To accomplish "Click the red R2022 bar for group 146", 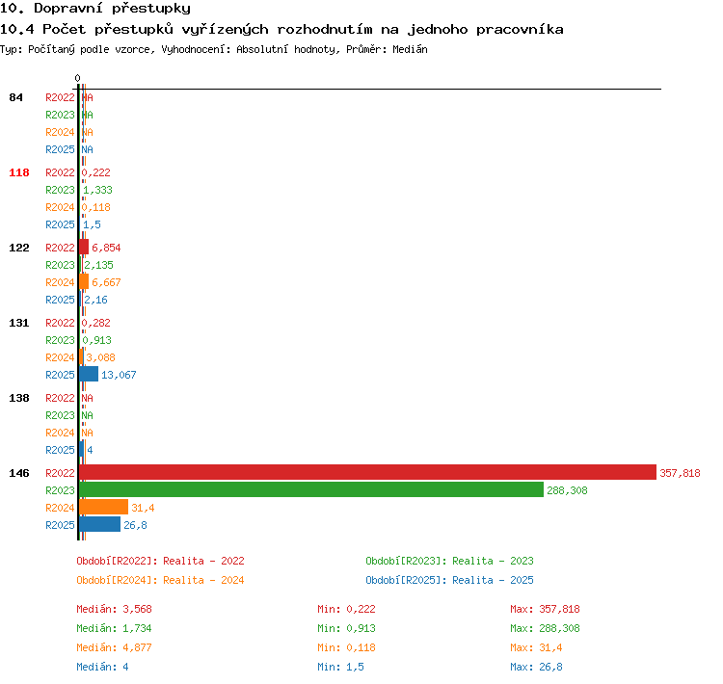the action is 367,472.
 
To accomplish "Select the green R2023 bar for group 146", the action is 311,489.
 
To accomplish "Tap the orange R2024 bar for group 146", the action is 104,507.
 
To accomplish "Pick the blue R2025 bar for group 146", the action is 99,524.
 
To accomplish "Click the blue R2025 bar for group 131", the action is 89,374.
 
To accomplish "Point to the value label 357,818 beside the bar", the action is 680,473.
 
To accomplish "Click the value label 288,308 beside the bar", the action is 567,490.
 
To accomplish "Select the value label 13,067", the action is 119,375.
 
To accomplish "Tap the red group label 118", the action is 19,172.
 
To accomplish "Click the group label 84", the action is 15,97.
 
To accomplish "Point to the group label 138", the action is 19,398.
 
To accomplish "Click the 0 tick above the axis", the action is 77,78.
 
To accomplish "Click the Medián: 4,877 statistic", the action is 114,647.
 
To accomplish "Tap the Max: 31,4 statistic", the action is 536,647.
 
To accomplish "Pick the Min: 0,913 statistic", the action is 346,628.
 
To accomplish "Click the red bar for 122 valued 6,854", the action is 84,247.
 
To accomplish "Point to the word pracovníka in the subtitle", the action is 520,30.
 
